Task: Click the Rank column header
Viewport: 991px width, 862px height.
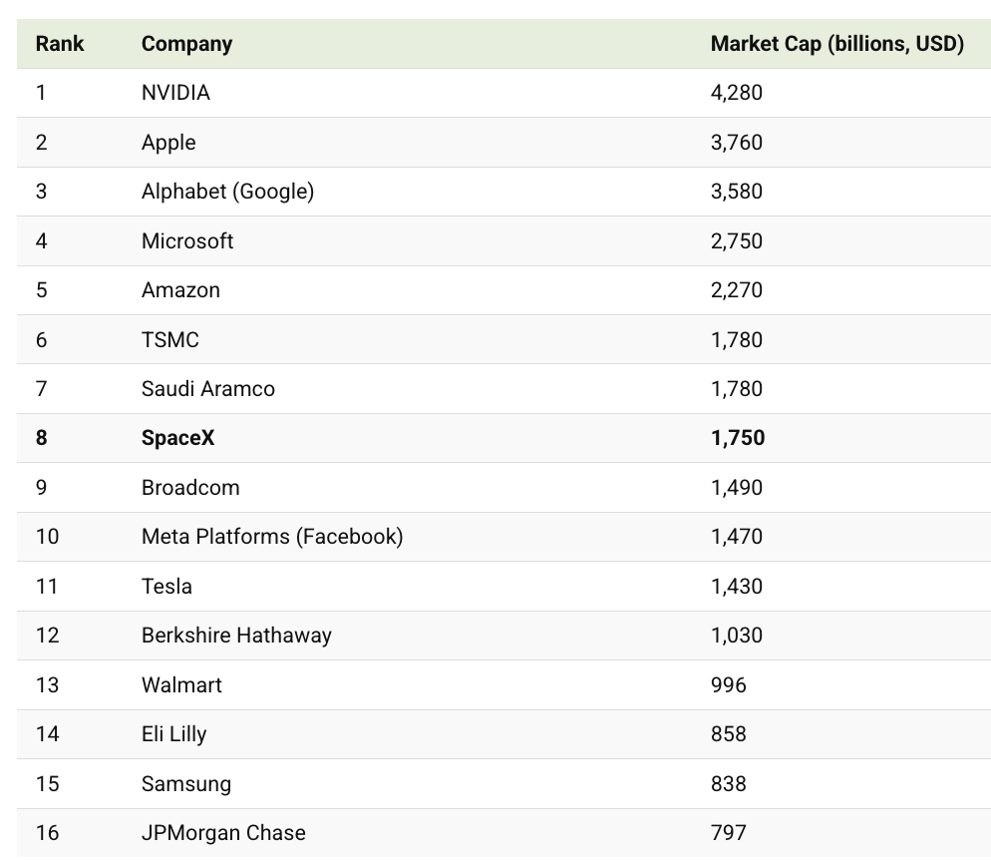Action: tap(60, 44)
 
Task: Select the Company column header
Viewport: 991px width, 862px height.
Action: tap(186, 44)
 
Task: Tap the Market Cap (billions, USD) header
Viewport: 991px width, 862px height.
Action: tap(836, 44)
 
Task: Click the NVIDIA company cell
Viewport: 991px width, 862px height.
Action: tap(175, 93)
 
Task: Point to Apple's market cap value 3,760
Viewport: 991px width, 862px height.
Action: tap(736, 143)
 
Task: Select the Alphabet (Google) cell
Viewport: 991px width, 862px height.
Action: tap(227, 192)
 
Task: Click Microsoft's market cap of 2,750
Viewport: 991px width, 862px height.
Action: tap(736, 241)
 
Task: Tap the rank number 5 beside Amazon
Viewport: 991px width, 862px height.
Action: tap(42, 290)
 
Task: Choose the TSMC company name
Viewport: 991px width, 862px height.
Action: tap(170, 340)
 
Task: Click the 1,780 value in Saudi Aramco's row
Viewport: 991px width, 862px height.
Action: tap(736, 389)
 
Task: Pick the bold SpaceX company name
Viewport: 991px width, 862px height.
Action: tap(177, 438)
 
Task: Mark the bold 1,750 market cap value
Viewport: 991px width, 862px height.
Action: tap(737, 438)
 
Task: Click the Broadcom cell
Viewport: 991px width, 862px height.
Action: tap(190, 488)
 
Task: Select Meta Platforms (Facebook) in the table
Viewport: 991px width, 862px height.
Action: tap(272, 537)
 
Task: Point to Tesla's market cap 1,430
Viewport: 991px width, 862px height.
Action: tap(736, 587)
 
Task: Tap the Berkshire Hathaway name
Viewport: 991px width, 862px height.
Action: tap(236, 636)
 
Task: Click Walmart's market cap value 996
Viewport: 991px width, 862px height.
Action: tap(728, 685)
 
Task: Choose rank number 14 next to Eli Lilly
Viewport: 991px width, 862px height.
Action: tap(47, 734)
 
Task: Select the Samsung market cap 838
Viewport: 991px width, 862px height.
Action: tap(728, 784)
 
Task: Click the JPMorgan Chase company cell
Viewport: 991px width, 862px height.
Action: tap(223, 833)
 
